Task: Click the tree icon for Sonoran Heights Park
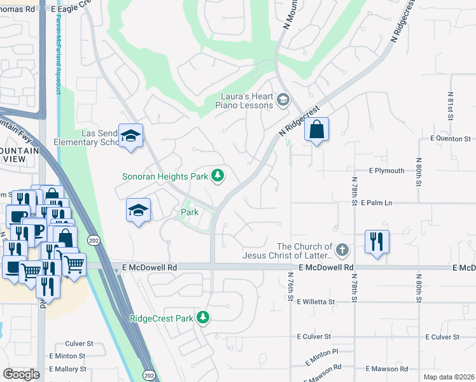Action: point(218,175)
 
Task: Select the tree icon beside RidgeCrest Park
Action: point(202,317)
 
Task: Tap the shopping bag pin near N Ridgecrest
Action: point(316,131)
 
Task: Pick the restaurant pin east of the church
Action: point(376,242)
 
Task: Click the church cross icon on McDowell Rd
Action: point(343,250)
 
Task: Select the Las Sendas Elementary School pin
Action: point(131,136)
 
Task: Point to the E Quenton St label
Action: point(450,138)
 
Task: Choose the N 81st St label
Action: point(450,105)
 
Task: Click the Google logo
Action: point(21,374)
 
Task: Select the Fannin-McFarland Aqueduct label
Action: point(57,55)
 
